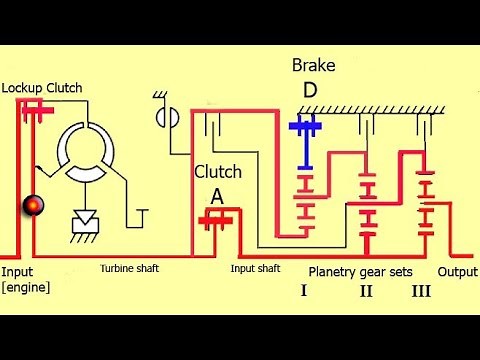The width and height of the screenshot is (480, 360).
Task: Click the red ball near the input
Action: point(31,205)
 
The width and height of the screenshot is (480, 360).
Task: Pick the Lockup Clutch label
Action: point(41,88)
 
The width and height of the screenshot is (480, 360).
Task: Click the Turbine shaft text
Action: point(129,268)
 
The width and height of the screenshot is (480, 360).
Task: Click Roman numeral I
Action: point(304,291)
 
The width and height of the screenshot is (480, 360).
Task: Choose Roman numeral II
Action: point(366,291)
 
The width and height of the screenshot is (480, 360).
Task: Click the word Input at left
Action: point(17,271)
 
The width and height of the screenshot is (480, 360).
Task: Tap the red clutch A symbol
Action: point(213,217)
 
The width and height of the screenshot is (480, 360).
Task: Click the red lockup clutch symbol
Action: point(32,113)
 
